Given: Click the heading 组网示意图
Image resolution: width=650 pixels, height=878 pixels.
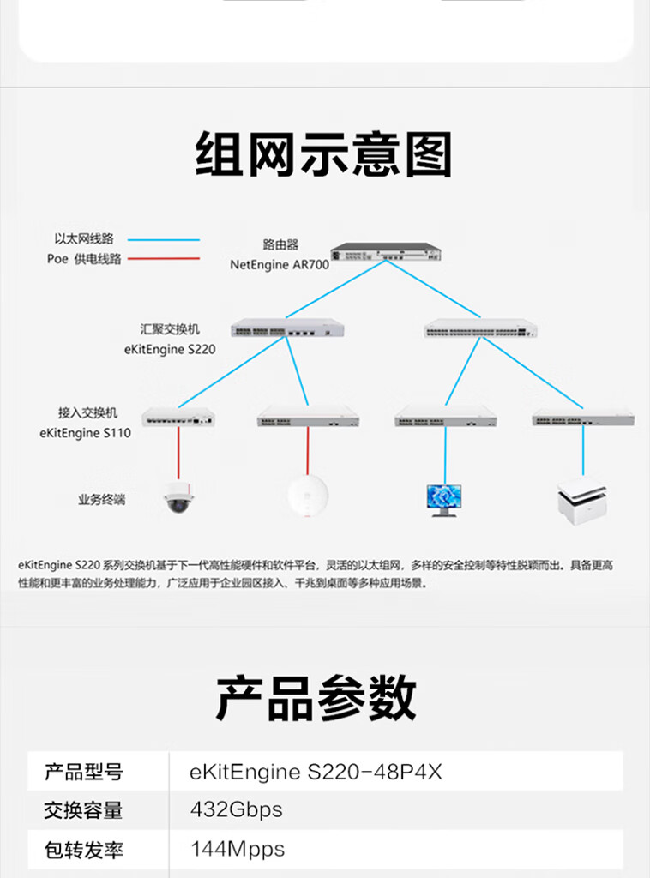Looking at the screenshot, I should pos(323,154).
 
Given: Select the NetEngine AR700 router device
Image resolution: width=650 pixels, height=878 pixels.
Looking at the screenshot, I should pos(385,252).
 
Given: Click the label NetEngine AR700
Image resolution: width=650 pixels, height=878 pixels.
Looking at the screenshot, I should pos(280,265).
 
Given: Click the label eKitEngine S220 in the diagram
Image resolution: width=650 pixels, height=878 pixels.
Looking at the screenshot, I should pos(170,349).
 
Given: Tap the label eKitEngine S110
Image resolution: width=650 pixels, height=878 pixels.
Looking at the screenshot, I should pos(85,433).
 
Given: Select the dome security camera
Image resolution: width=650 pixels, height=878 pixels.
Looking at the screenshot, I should pos(178,496).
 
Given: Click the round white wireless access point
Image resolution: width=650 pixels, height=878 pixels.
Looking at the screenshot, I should pos(308,496).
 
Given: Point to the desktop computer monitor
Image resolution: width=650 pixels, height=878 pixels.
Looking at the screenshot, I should pos(444,500).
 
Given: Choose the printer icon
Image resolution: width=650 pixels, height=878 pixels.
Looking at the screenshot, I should pos(582,498).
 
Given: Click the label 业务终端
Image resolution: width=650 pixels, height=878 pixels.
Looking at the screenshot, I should pos(101,499).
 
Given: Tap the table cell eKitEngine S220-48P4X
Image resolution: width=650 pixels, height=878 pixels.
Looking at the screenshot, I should pos(316,772).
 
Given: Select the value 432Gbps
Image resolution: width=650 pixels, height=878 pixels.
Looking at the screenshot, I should pos(236,809).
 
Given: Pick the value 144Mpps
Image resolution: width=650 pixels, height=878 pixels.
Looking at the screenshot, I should pos(238,849).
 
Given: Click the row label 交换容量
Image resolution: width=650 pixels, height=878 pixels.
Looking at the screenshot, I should pos(83,809).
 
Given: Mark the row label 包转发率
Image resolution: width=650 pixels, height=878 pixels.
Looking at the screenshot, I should pos(83,850).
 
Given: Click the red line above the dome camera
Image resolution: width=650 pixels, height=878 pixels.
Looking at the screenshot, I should pos(178,453).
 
